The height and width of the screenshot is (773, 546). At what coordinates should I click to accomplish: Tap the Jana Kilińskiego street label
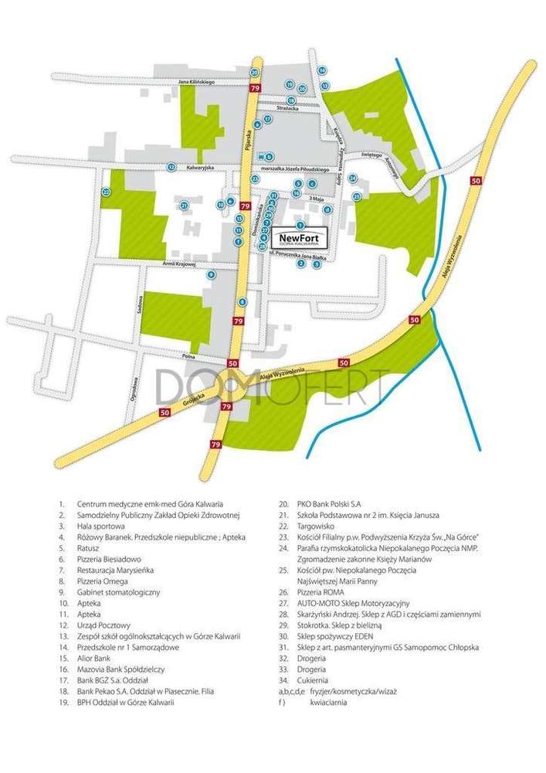196,81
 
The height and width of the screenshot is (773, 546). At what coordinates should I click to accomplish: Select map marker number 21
184,205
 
